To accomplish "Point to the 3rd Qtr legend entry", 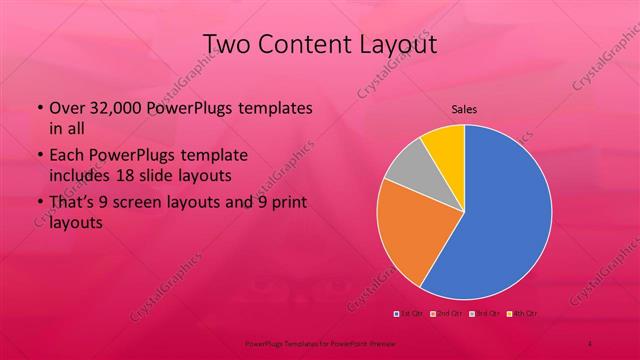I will (485, 314).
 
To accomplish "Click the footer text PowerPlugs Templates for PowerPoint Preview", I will (320, 342).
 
